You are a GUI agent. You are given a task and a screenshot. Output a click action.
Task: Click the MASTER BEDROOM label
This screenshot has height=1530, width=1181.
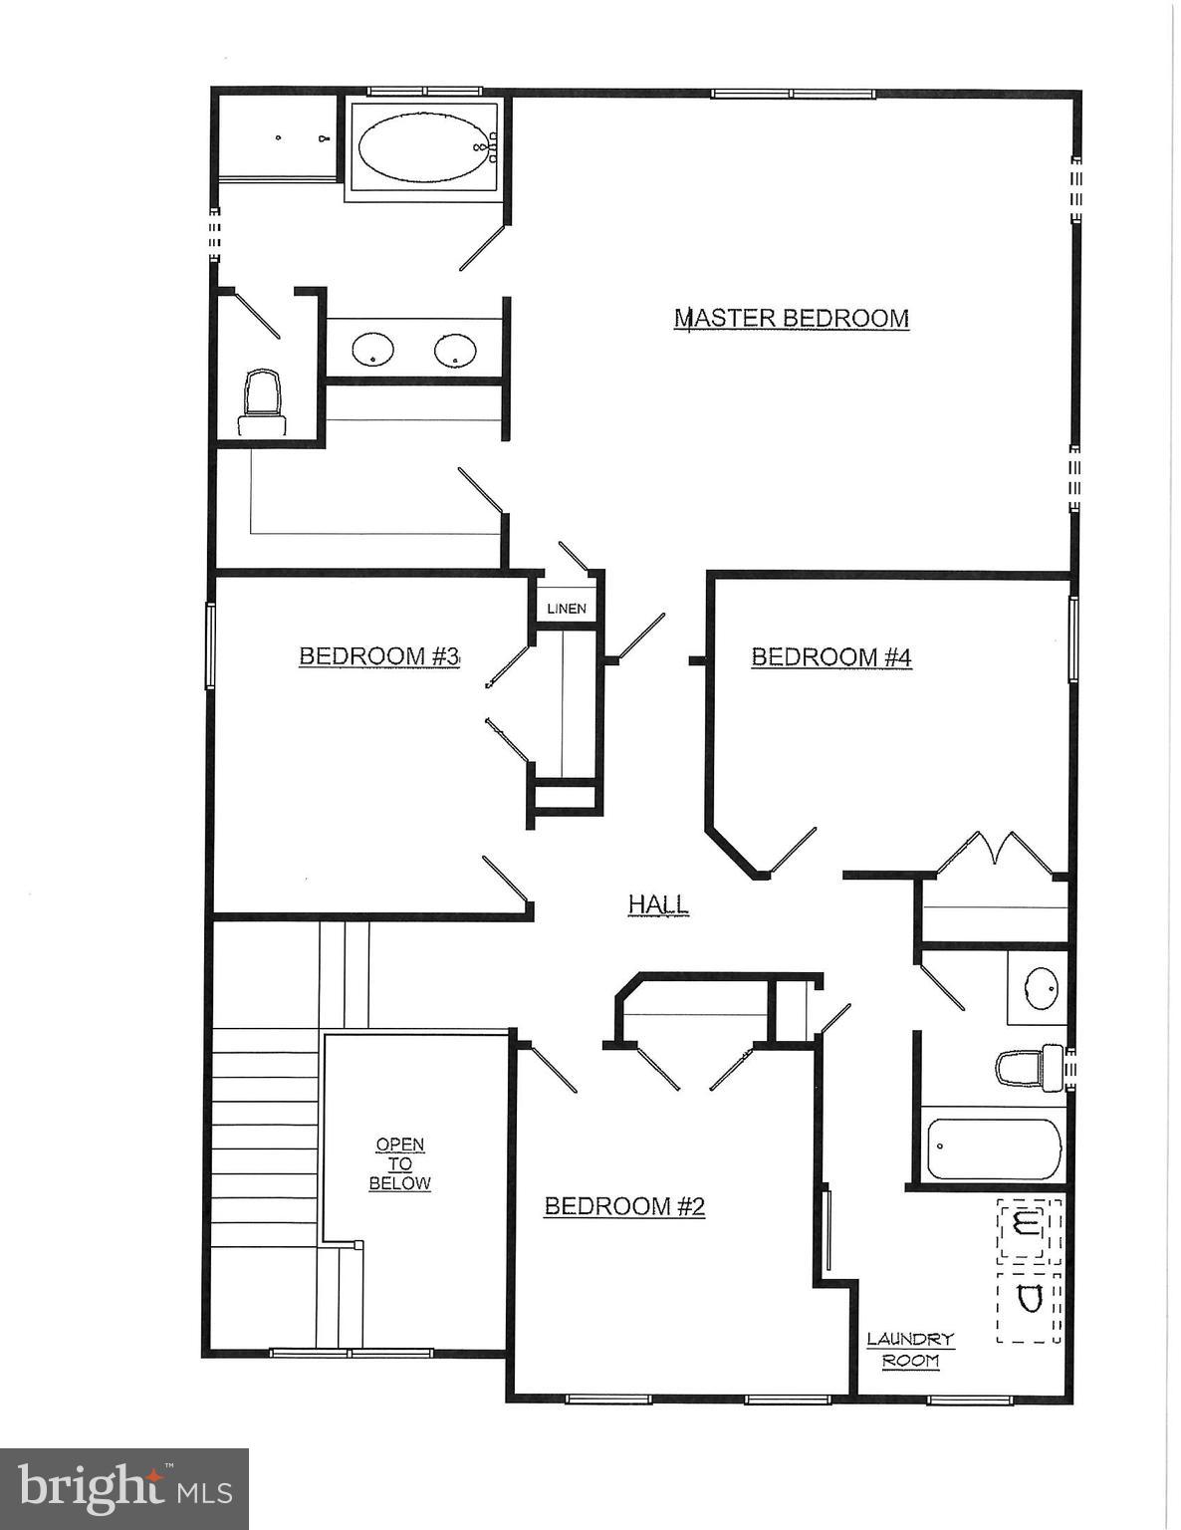792,319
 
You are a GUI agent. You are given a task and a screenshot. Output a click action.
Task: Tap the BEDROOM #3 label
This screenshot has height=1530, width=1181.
378,656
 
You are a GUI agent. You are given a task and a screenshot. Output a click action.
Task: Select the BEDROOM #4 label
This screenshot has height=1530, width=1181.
831,657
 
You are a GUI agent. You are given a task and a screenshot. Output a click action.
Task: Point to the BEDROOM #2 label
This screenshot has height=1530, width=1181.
624,1207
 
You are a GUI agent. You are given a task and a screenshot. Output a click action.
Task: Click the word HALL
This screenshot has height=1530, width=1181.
658,904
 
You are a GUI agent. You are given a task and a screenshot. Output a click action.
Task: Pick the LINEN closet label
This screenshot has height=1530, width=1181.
567,609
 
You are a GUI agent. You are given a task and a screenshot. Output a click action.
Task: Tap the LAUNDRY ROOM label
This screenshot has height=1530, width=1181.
910,1350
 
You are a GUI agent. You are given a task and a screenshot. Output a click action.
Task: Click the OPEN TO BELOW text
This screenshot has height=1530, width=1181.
400,1164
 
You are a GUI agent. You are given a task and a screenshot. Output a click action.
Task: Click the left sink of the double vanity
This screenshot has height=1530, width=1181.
373,350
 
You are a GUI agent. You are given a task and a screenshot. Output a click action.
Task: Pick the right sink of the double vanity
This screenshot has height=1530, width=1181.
455,350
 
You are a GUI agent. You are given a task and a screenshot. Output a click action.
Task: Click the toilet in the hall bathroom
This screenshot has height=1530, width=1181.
1030,1068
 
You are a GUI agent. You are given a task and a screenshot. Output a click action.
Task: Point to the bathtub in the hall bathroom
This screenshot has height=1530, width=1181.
994,1149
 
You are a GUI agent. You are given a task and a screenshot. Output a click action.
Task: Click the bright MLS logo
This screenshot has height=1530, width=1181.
124,1489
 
